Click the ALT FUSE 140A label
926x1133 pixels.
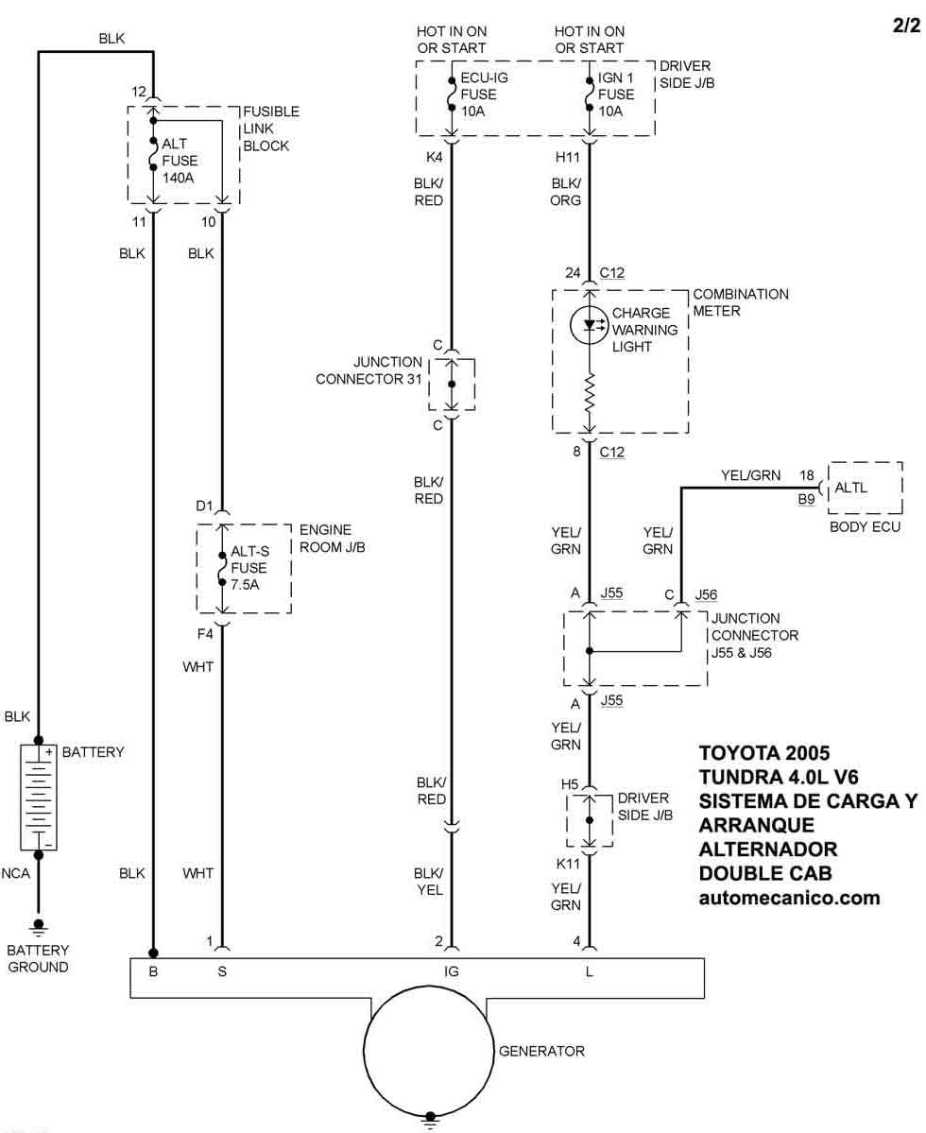tap(180, 160)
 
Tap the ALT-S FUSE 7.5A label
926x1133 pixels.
tap(249, 568)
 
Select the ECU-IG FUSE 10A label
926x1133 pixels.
tap(478, 94)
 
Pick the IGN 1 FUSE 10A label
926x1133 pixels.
tap(617, 94)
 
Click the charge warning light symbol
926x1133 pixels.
tap(590, 324)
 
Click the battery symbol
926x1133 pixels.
tap(38, 797)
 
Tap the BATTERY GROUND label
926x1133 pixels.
tap(38, 958)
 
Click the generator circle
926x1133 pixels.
tap(430, 1050)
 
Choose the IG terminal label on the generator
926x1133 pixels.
tap(452, 970)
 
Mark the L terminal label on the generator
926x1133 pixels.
tap(590, 970)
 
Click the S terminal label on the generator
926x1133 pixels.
tap(222, 970)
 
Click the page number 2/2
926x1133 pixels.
tap(905, 26)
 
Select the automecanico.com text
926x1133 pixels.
tap(789, 898)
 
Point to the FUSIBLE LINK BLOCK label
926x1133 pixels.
tap(270, 129)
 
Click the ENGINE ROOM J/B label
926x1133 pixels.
tap(325, 539)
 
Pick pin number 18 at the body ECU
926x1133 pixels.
tap(806, 475)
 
